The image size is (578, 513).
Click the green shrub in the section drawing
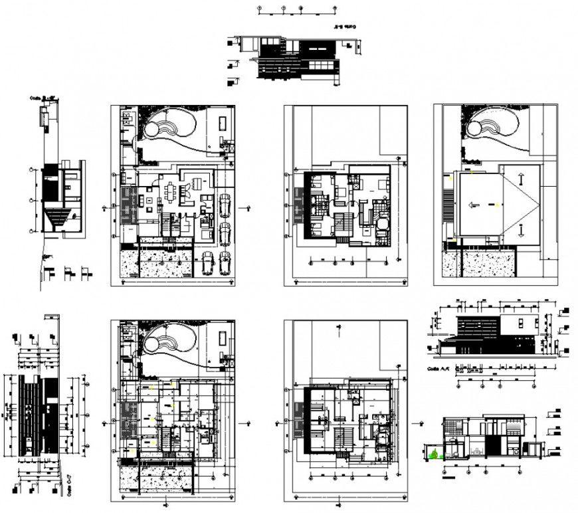pos(434,455)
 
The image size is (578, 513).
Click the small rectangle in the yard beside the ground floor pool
pos(221,123)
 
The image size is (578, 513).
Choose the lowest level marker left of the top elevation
pos(232,83)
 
